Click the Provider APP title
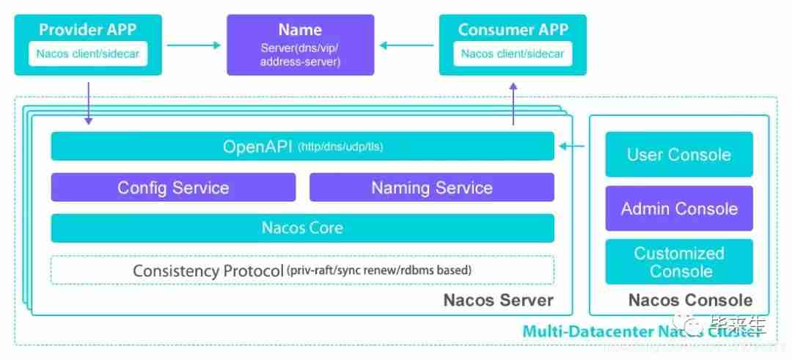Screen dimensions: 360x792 click(x=87, y=30)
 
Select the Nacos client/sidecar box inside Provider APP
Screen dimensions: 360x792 click(x=88, y=54)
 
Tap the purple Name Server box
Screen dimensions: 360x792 click(x=300, y=45)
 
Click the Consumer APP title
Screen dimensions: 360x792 click(x=513, y=30)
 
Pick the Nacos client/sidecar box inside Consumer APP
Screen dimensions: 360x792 click(x=513, y=54)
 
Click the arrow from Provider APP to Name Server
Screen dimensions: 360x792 click(x=194, y=45)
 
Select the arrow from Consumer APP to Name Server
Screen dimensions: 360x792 click(x=406, y=45)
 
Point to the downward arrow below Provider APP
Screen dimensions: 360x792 click(x=89, y=103)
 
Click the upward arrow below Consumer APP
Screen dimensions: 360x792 click(x=513, y=103)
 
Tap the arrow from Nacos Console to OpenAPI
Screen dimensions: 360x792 click(x=571, y=147)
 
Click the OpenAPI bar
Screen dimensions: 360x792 click(x=302, y=147)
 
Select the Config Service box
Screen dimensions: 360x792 click(x=173, y=188)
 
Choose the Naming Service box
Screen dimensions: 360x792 click(x=431, y=188)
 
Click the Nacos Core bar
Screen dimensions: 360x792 click(x=302, y=228)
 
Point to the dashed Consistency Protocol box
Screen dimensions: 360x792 click(x=302, y=270)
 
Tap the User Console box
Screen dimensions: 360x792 click(x=678, y=155)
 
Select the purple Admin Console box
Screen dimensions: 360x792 click(x=678, y=209)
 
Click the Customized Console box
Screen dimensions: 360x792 click(x=678, y=262)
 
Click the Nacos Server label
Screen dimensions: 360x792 click(x=498, y=301)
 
